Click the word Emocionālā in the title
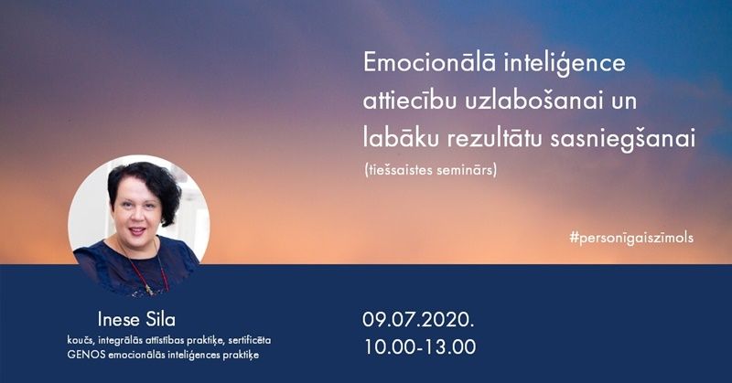[429, 62]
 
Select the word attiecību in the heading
[409, 101]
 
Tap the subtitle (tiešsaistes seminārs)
[430, 170]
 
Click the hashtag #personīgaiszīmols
[631, 238]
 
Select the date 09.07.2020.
[418, 320]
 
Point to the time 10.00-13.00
[420, 347]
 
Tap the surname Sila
[161, 320]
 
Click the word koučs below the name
[81, 340]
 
